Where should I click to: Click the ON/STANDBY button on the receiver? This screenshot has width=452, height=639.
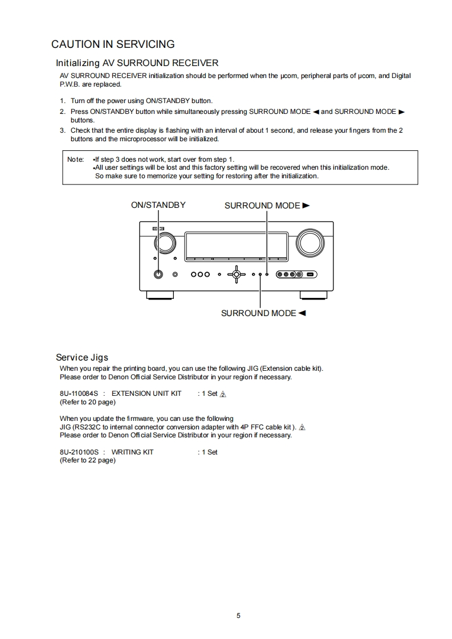coord(158,274)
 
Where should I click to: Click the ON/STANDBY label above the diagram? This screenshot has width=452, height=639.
coord(158,205)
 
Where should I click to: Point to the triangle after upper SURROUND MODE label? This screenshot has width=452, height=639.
coord(306,205)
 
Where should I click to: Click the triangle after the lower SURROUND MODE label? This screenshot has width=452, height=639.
coord(302,313)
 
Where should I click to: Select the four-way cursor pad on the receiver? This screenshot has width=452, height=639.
coord(237,274)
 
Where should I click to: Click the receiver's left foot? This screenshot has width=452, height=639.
coord(160,294)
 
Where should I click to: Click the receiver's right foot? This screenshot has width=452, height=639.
coord(314,294)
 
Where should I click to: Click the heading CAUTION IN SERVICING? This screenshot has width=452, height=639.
coord(113,44)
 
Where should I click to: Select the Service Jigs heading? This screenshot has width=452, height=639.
coord(82,357)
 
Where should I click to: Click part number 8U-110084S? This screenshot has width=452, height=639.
coord(79,393)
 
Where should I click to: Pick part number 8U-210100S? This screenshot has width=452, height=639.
coord(79,452)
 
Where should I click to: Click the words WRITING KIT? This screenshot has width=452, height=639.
coord(132,452)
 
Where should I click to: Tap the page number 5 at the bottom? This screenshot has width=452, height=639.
coord(238,615)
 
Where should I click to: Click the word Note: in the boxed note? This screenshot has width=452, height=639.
coord(76,159)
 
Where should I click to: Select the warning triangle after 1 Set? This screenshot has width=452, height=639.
coord(223,394)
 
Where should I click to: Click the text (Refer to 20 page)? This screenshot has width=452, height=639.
coord(88,402)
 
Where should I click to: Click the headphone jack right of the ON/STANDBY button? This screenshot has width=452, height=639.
coord(175,275)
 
